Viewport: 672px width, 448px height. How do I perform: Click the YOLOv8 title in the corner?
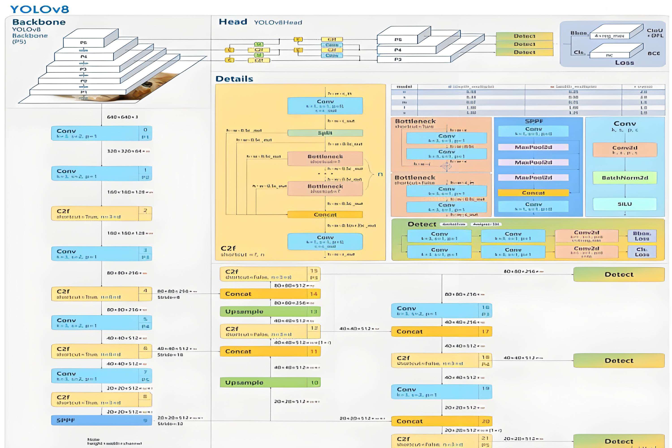tap(39, 9)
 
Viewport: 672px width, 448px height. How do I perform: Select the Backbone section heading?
tap(39, 22)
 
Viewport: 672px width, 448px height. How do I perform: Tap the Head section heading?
tap(233, 22)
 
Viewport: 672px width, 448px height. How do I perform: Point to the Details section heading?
tap(234, 79)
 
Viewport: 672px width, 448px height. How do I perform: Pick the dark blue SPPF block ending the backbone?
tap(101, 420)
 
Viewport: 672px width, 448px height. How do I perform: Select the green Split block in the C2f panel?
tap(325, 133)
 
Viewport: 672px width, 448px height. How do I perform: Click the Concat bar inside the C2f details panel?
tap(325, 215)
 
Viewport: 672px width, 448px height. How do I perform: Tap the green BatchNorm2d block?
tap(625, 178)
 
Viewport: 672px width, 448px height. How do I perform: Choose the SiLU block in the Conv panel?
tap(625, 204)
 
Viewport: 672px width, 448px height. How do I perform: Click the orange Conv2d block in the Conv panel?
tap(625, 150)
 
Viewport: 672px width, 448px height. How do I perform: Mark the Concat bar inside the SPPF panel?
tap(533, 193)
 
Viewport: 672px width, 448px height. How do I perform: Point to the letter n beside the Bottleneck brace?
tap(380, 174)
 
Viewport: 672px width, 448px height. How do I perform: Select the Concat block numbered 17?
tap(442, 332)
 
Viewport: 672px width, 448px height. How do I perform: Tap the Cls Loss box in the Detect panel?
tap(642, 252)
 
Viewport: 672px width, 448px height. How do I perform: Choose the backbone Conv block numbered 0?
tap(101, 133)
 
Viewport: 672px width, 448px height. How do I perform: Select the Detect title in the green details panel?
tap(422, 224)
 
